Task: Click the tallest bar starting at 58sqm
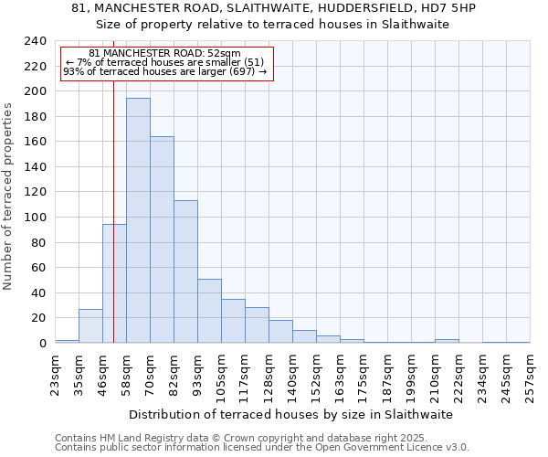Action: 138,220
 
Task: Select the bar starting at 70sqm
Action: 162,239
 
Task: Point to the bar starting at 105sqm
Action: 233,321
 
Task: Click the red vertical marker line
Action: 113,183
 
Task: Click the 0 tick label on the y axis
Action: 42,344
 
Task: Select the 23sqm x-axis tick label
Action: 55,373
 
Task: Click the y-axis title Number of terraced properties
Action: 8,196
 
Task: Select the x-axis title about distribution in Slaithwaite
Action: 290,414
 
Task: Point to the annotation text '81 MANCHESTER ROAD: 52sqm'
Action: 165,54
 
